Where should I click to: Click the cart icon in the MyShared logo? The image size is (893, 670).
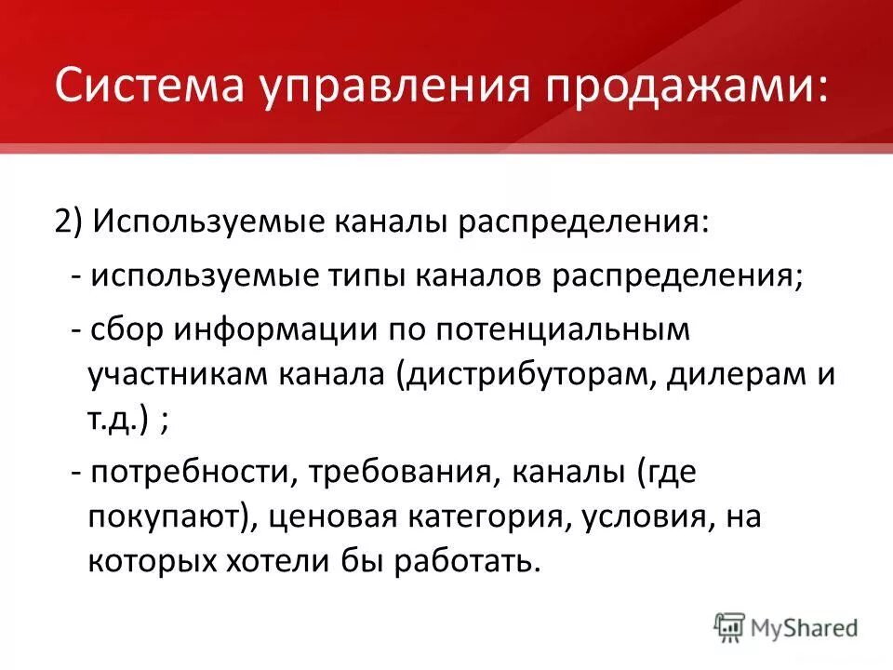point(730,627)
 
